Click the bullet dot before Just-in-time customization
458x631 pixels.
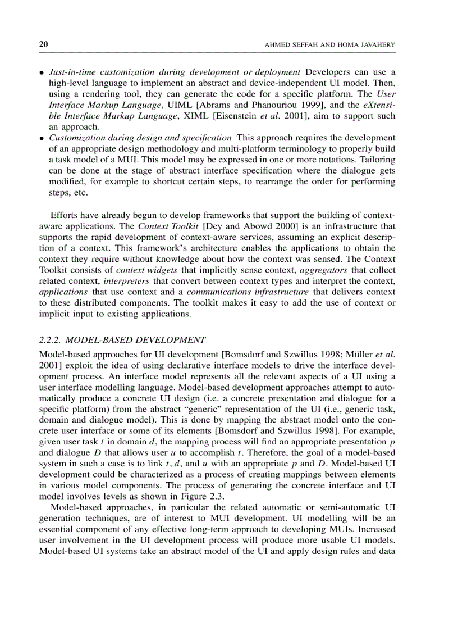coord(42,74)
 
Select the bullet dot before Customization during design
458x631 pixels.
coord(42,138)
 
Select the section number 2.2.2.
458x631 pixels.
coord(53,341)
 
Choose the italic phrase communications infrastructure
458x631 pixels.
coord(247,292)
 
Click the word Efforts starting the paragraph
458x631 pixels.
coord(63,215)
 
